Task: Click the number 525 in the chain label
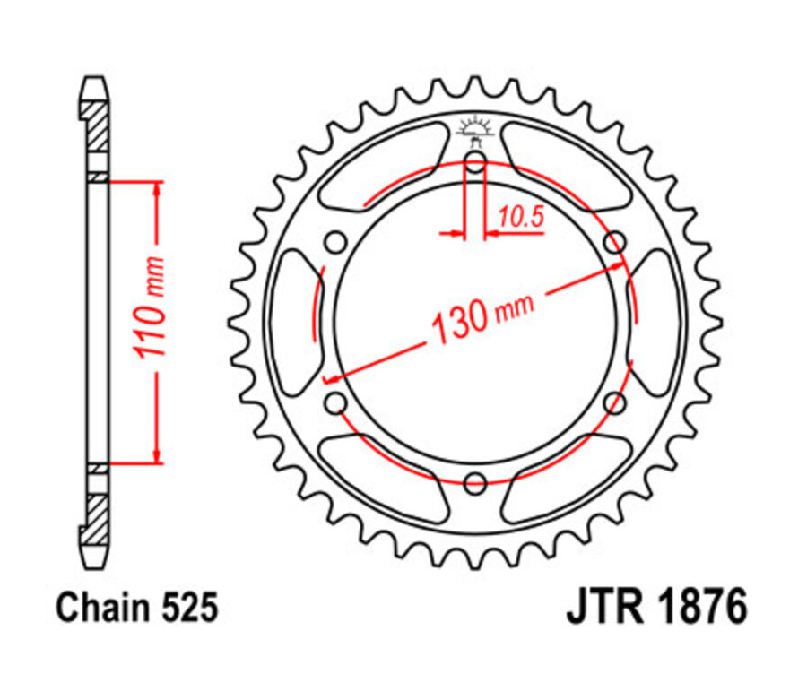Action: [x=188, y=609]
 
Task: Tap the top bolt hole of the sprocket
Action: [x=474, y=162]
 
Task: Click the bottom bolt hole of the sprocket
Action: [x=474, y=485]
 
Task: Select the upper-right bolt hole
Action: [x=614, y=243]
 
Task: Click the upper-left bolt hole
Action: [x=335, y=243]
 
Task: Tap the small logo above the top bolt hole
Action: [x=474, y=128]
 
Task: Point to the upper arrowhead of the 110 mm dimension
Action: [x=158, y=189]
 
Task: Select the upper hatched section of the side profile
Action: [x=95, y=126]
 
